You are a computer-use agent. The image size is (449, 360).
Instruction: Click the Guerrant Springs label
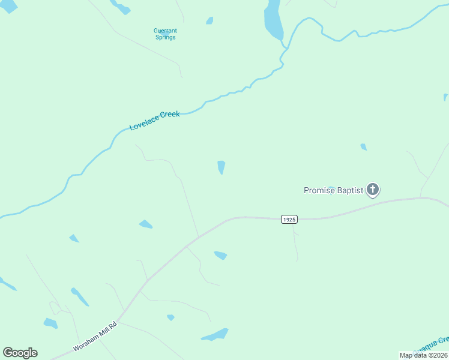pyautogui.click(x=164, y=34)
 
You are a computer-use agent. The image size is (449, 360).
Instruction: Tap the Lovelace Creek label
pyautogui.click(x=154, y=121)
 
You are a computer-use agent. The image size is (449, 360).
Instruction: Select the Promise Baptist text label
pyautogui.click(x=333, y=190)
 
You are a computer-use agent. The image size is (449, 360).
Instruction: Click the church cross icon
pyautogui.click(x=373, y=190)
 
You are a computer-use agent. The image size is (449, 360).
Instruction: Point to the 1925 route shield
pyautogui.click(x=289, y=220)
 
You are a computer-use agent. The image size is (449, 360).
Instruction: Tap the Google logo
pyautogui.click(x=20, y=353)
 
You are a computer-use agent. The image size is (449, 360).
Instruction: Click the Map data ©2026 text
pyautogui.click(x=423, y=355)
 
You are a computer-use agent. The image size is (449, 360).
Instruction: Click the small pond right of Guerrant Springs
pyautogui.click(x=209, y=20)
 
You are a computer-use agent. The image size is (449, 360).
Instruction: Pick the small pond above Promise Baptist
pyautogui.click(x=363, y=147)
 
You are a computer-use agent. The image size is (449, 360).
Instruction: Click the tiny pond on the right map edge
pyautogui.click(x=445, y=97)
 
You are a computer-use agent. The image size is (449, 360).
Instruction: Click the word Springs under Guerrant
pyautogui.click(x=164, y=37)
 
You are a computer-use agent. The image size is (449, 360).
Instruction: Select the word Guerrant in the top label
pyautogui.click(x=165, y=30)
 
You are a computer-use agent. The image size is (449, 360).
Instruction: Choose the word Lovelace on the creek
pyautogui.click(x=142, y=125)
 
